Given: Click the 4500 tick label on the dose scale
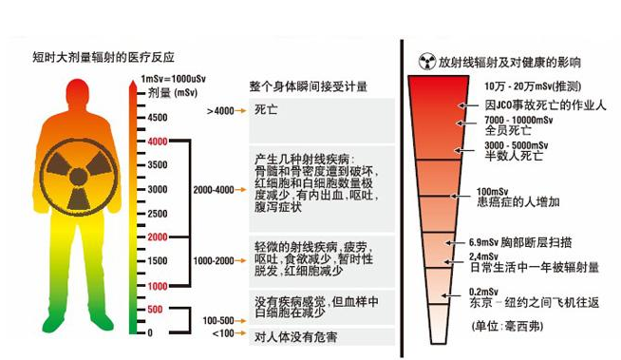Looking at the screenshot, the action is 158,117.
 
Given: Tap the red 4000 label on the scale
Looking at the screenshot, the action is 158,142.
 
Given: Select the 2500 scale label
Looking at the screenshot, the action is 158,214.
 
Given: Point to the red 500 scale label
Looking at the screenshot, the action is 155,309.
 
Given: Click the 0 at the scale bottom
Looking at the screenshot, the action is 150,332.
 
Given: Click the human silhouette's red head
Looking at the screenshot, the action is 78,93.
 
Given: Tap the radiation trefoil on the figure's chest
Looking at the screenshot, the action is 79,177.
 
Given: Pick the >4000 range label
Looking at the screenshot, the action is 220,111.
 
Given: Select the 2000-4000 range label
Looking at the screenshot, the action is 214,190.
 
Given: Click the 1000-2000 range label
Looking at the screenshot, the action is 214,260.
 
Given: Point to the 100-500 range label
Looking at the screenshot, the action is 218,320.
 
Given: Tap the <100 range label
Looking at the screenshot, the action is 223,333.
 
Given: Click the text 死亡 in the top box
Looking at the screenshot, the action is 266,109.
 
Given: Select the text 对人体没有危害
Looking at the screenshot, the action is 296,337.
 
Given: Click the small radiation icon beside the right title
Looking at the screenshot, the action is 427,62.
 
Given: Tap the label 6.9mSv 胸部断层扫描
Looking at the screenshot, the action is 520,242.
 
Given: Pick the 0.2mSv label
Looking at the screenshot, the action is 483,292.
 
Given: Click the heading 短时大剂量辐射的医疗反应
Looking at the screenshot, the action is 103,57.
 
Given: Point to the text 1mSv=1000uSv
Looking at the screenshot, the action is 173,79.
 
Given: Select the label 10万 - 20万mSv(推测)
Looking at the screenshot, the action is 533,85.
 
